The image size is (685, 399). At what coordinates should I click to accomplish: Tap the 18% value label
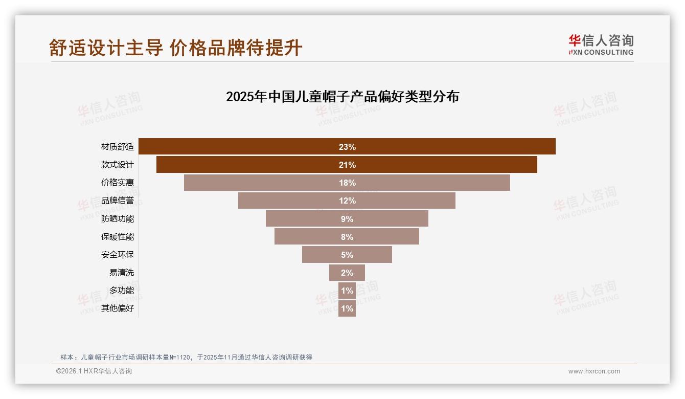click(347, 183)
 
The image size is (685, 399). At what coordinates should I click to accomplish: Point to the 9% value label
click(347, 219)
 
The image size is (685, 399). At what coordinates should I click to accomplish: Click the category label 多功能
click(122, 291)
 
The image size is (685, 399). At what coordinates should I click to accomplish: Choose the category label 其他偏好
click(118, 308)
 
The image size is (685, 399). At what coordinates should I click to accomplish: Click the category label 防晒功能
click(118, 219)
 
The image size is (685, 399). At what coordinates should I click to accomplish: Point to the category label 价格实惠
click(118, 183)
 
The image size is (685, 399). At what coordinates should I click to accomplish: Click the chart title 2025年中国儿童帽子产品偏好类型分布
click(342, 97)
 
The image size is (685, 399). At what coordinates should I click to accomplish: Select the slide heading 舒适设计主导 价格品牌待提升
click(176, 48)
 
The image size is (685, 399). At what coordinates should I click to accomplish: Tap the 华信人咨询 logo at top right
click(601, 45)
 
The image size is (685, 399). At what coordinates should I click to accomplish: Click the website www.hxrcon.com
click(594, 371)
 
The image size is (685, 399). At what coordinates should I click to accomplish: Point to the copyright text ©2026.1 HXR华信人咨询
click(94, 371)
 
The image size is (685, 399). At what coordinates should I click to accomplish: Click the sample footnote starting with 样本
click(186, 357)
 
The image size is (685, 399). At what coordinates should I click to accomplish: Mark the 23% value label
click(347, 147)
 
